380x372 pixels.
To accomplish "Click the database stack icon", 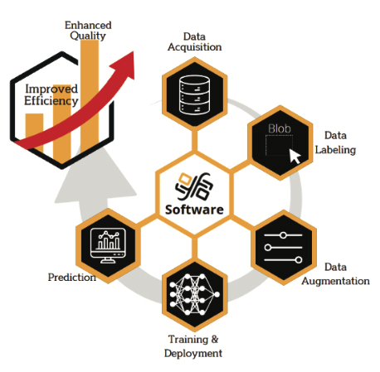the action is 194,95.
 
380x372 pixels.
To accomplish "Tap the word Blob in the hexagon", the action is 280,128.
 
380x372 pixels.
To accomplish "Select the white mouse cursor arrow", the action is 295,157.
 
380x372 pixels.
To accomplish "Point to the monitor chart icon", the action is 108,246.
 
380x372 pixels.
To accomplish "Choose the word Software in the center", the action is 194,210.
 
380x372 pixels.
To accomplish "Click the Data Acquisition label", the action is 194,41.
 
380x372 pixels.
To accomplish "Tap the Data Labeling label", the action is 335,143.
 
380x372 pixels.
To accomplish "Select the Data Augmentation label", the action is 335,274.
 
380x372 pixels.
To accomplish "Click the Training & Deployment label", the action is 193,346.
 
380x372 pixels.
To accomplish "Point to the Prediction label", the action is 72,277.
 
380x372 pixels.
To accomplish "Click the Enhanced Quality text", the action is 88,31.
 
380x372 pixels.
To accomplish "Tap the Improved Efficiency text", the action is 51,95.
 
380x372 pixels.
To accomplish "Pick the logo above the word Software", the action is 194,186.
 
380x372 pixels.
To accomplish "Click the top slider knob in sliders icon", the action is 283,235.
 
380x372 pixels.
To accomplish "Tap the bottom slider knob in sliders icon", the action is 299,260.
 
